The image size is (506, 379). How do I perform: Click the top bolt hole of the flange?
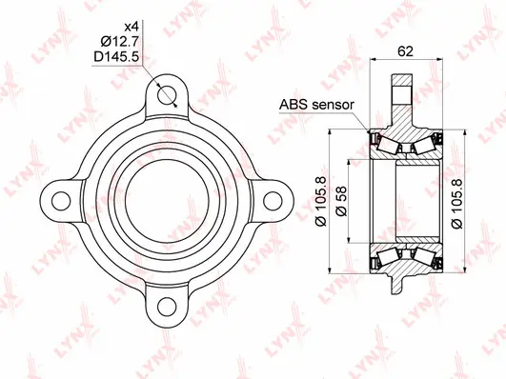(169, 94)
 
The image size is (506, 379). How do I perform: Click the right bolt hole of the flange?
(274, 200)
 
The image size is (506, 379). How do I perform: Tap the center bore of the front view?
(169, 200)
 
